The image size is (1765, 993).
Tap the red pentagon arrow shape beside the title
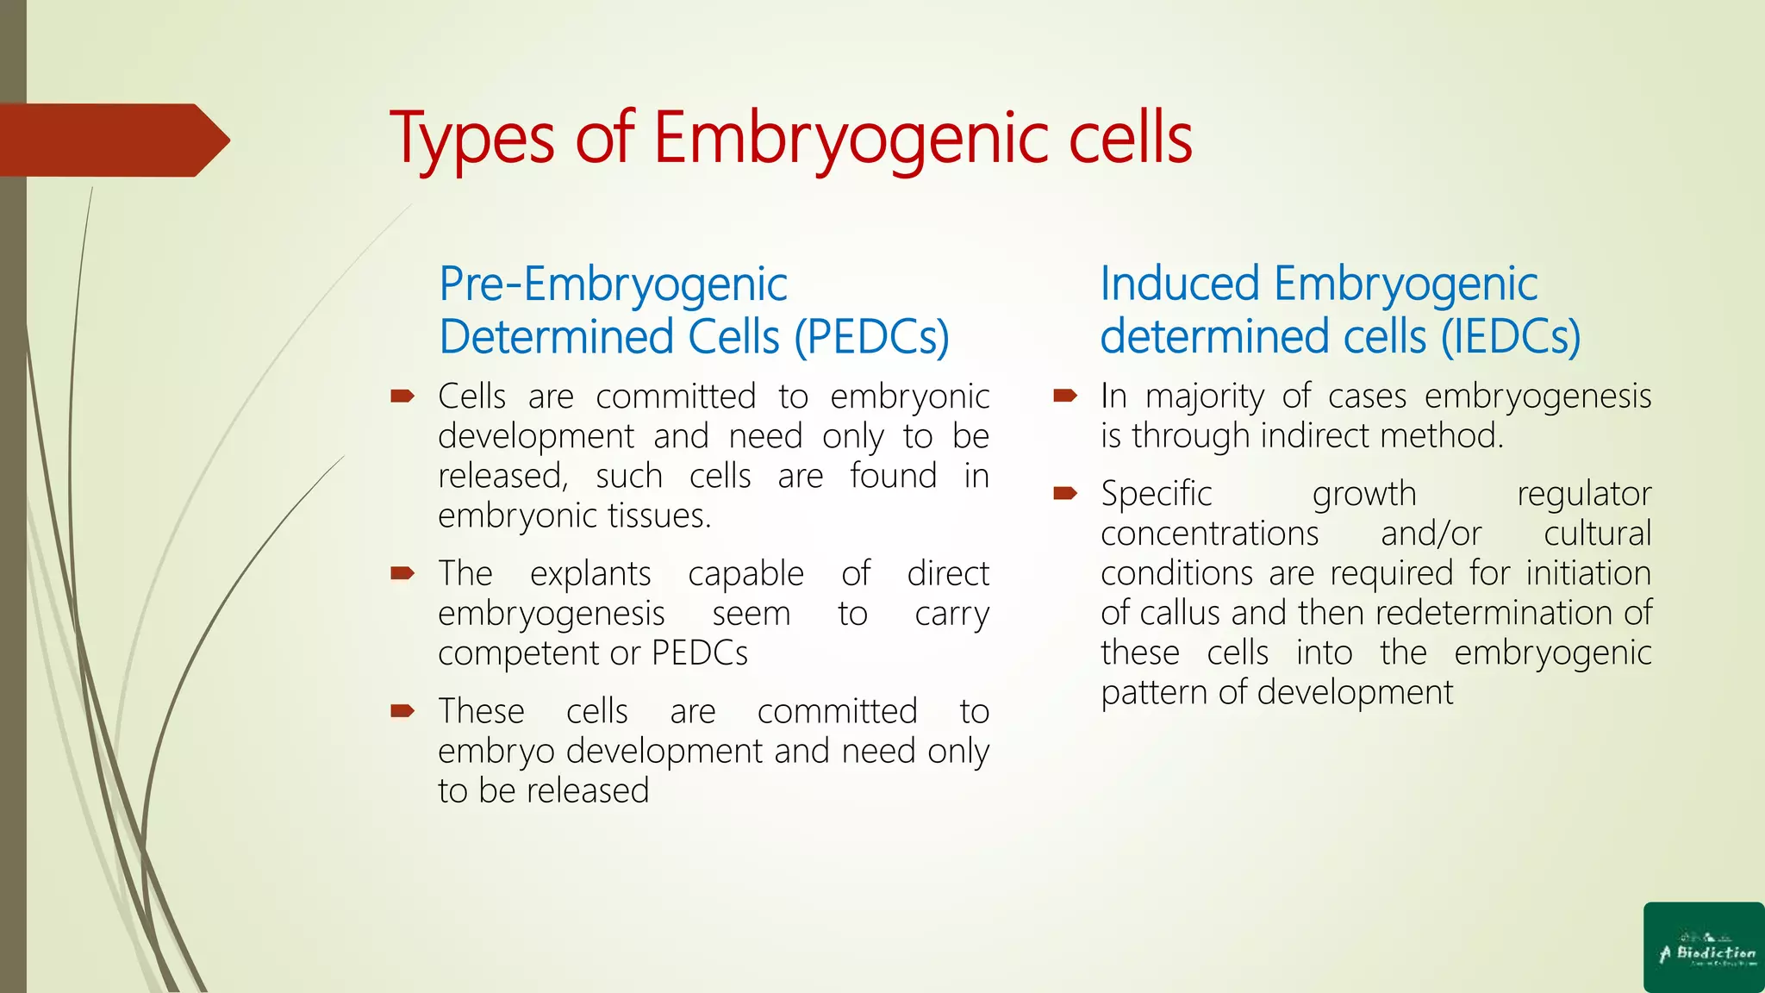point(112,141)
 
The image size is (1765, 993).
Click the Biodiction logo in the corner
point(1704,947)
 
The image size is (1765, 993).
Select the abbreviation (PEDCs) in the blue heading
point(871,337)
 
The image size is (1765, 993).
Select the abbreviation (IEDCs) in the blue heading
point(1511,337)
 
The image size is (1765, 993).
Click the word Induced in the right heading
point(1180,284)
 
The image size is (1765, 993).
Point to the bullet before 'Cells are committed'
point(402,397)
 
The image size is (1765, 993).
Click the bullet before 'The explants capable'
point(402,573)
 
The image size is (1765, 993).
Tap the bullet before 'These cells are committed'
point(402,711)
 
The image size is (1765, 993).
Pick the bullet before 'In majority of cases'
point(1065,397)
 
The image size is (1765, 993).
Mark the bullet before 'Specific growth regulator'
point(1065,494)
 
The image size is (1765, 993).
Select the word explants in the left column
point(590,574)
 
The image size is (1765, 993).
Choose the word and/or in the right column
point(1431,534)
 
